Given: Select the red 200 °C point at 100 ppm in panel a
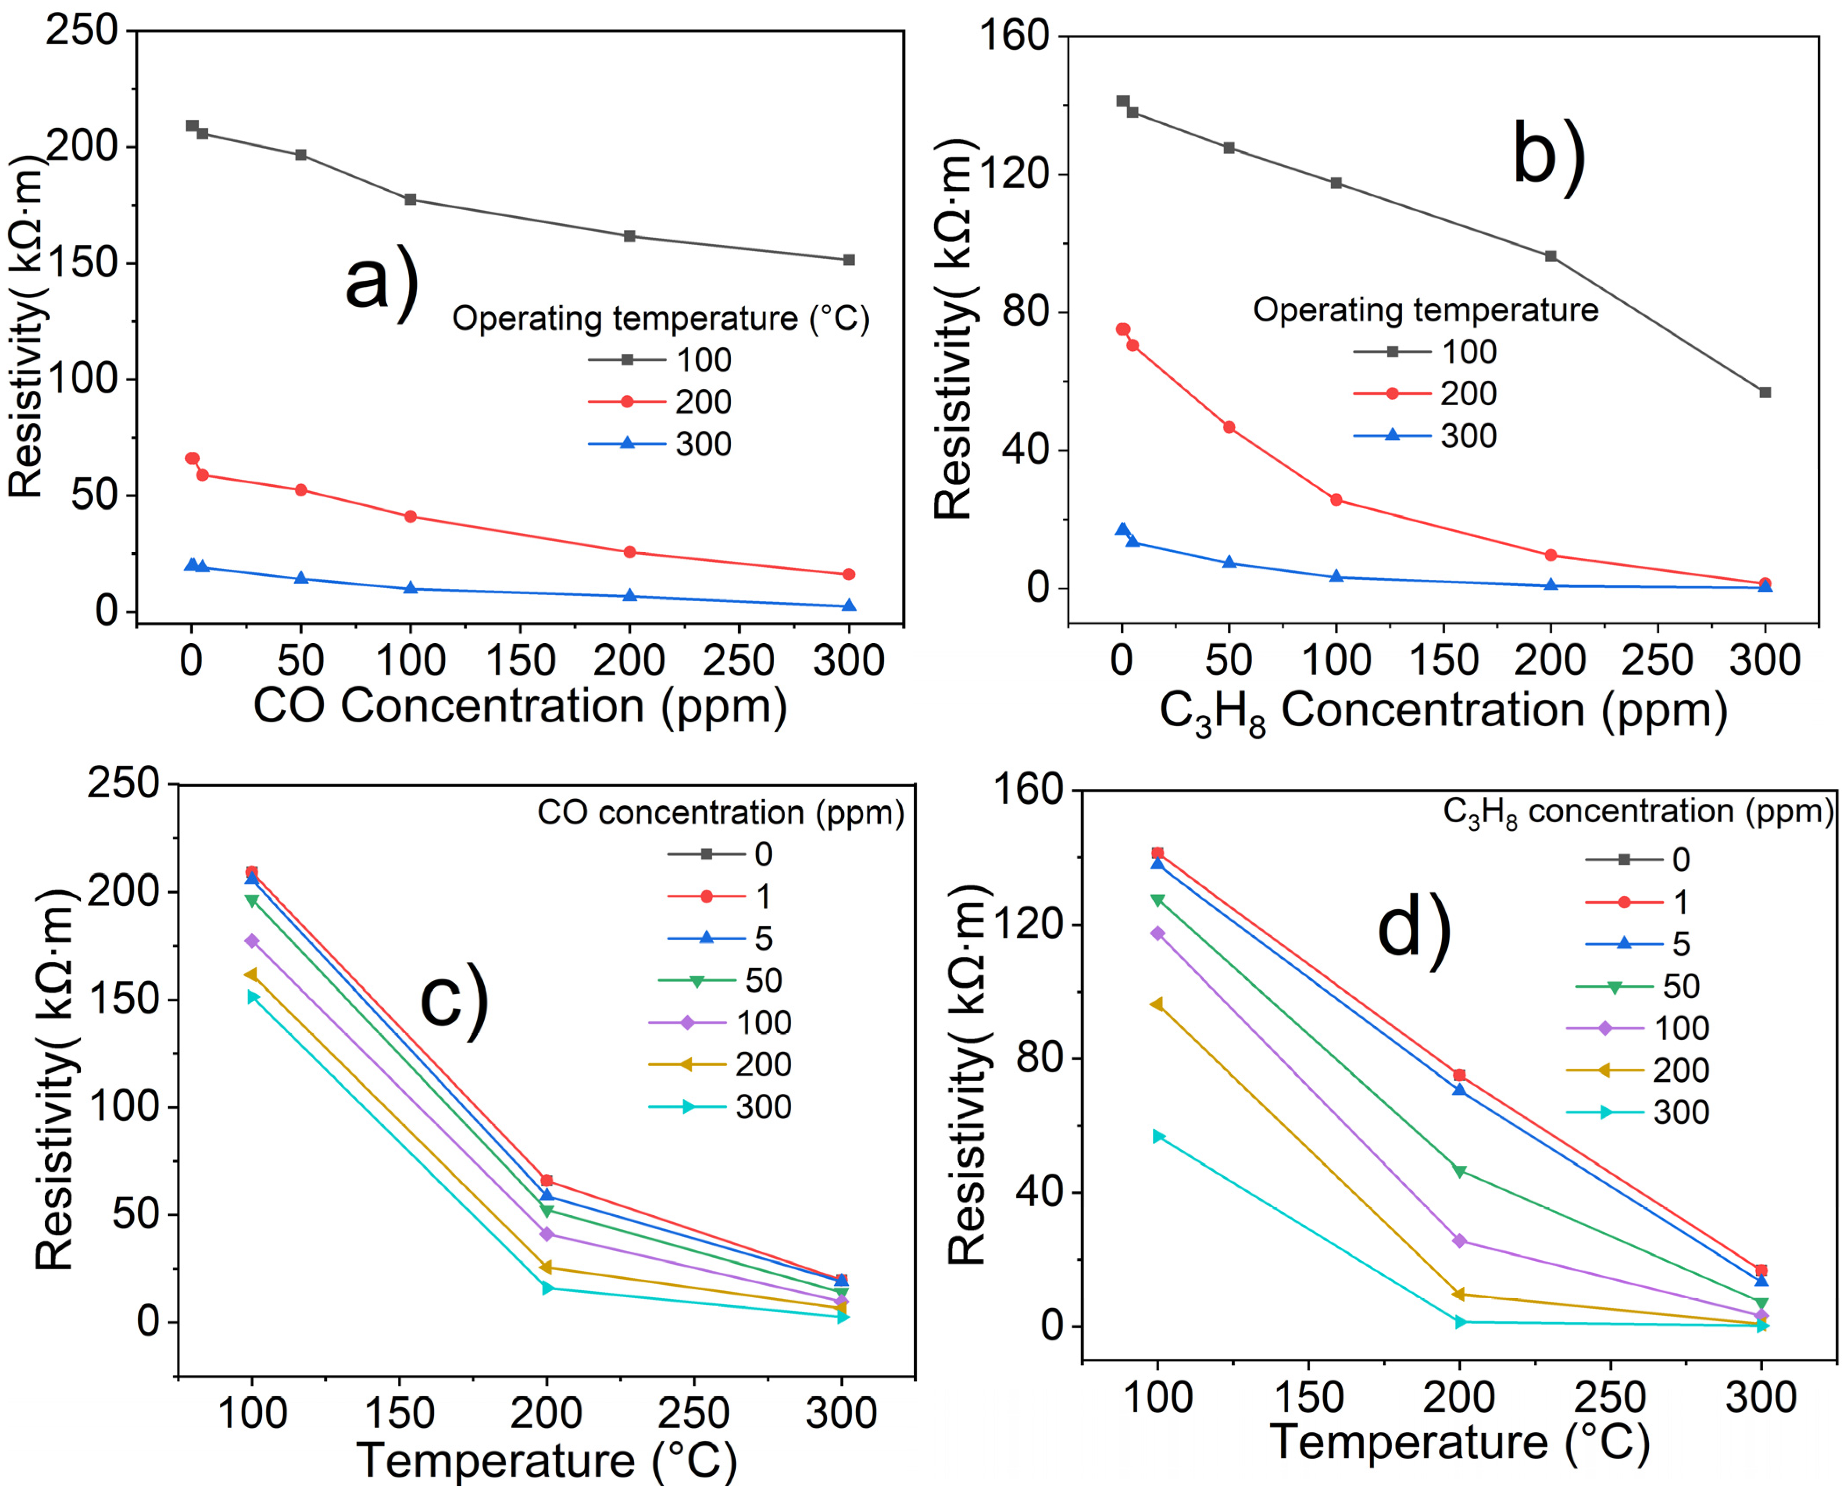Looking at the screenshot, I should (x=411, y=517).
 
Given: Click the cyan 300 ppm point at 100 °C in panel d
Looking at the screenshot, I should (x=1158, y=1136).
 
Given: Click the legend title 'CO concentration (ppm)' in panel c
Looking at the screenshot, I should (x=720, y=812).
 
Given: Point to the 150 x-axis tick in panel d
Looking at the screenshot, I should (x=1308, y=1397).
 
